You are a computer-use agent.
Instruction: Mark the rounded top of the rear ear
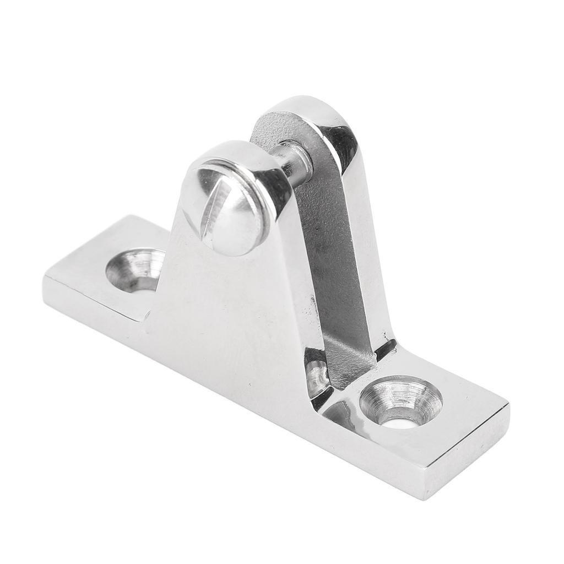click(297, 107)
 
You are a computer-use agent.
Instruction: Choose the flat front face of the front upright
click(231, 308)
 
